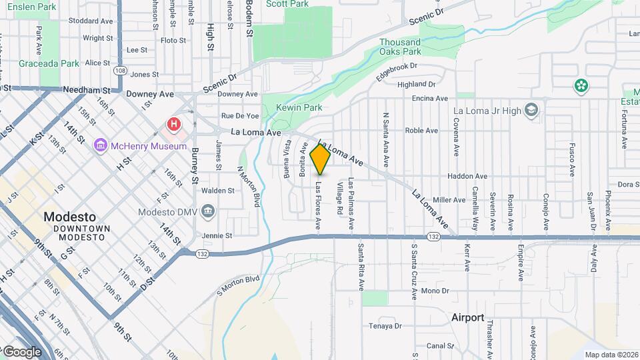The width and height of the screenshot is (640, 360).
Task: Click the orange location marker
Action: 320,159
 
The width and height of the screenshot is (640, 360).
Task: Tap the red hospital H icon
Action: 174,124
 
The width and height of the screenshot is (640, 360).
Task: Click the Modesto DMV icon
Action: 208,212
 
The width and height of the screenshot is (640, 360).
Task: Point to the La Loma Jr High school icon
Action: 531,110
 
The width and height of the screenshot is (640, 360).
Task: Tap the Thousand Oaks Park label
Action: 400,47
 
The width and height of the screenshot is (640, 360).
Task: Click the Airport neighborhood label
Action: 467,317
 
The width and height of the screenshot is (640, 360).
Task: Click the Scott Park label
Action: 287,4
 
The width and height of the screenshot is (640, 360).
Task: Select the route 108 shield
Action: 120,70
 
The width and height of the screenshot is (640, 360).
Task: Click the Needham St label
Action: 86,89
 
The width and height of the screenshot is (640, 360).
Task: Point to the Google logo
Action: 22,351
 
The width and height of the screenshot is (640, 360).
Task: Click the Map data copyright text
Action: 611,355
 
